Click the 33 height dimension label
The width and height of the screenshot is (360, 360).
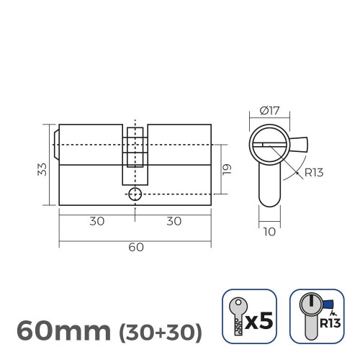click(42, 168)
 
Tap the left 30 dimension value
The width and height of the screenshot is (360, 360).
click(96, 221)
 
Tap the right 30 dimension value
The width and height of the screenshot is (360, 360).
click(173, 221)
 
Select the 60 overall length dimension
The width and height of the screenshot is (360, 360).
click(135, 246)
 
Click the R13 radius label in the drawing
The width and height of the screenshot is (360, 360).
click(314, 171)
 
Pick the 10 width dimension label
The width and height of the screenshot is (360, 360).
click(268, 233)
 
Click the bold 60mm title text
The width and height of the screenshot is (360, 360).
click(61, 330)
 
